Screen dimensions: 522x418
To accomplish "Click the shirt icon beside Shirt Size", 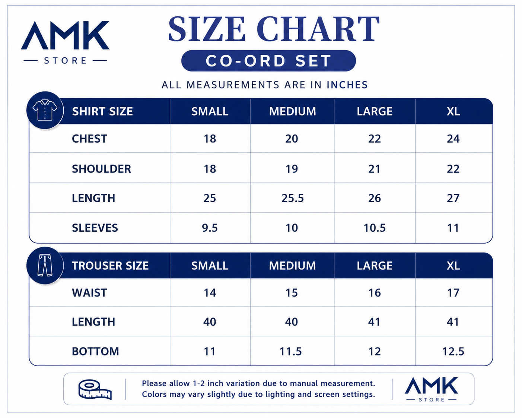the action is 45,110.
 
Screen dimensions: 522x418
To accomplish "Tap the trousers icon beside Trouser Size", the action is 45,265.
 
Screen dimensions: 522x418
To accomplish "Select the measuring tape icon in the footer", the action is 95,389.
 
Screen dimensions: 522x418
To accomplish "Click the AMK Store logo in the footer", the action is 431,389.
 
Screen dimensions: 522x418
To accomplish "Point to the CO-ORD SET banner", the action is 268,61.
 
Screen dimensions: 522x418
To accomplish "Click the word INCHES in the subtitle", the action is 347,85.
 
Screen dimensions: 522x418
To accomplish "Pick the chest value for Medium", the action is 292,139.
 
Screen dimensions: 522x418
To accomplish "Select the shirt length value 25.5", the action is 292,198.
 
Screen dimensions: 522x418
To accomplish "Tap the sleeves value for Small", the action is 210,228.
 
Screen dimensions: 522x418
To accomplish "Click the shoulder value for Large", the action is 374,169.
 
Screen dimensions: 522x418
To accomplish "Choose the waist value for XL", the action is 453,293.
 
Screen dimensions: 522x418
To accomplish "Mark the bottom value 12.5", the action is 453,351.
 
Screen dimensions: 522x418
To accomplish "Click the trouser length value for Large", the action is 374,322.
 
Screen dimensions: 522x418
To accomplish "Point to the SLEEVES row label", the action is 95,228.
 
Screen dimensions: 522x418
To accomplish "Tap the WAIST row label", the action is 89,293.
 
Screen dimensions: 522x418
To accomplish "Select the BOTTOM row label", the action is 95,351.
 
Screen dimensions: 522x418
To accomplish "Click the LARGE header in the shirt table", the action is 375,111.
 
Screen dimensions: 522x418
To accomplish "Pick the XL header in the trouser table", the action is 453,266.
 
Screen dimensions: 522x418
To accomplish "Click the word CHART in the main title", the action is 318,29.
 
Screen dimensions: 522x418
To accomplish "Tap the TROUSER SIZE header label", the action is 110,266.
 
